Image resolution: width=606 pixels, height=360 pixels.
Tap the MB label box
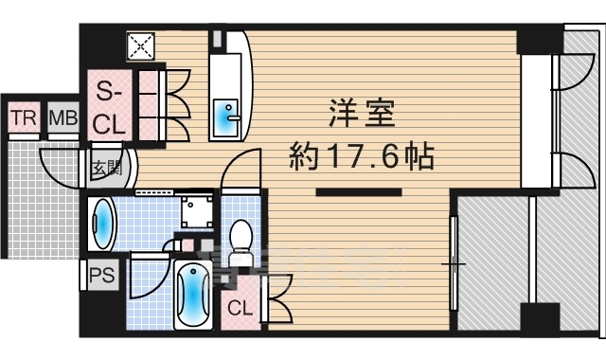click(63, 118)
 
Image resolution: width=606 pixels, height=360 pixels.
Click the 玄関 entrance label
click(106, 169)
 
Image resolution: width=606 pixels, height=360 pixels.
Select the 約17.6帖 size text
click(360, 153)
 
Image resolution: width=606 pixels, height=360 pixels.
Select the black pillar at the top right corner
click(539, 39)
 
